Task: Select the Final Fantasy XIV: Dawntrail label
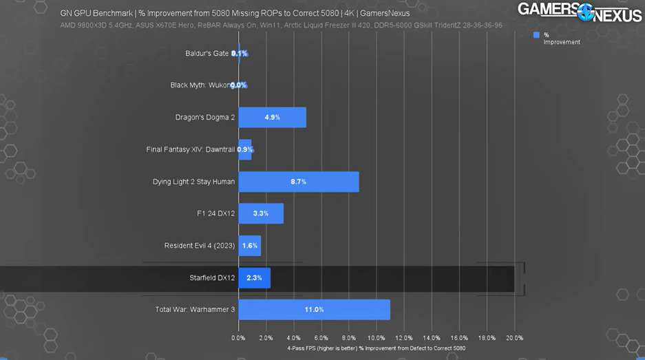(x=191, y=149)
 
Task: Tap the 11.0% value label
(x=314, y=310)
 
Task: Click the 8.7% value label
(x=298, y=182)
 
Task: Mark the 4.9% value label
(x=272, y=117)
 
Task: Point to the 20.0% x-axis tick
(x=514, y=338)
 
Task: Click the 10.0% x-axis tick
(x=377, y=338)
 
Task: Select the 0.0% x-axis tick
(x=238, y=338)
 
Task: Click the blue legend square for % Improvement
(x=536, y=35)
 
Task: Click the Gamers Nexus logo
(x=579, y=12)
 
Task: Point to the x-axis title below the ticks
(x=376, y=348)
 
